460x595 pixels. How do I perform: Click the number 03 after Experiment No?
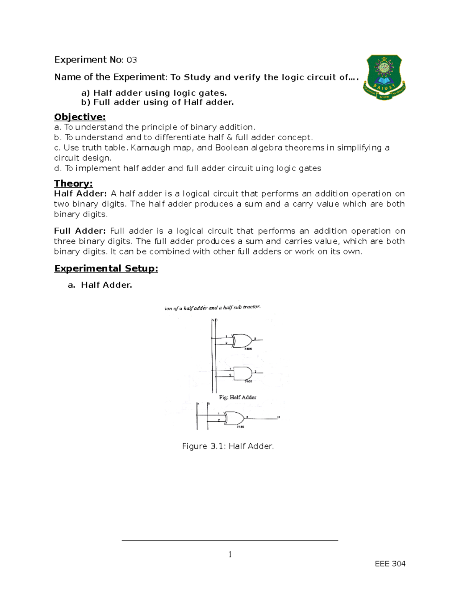click(131, 60)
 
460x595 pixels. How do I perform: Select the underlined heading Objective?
click(80, 117)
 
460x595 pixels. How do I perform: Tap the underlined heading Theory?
click(73, 183)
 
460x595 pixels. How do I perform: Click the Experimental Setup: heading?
click(106, 268)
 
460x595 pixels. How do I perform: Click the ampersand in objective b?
click(230, 138)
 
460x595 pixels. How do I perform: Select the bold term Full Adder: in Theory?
click(80, 231)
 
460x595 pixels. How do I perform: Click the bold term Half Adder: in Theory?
click(80, 194)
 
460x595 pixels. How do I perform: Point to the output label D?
click(279, 417)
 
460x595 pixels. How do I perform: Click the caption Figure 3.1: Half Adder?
click(228, 446)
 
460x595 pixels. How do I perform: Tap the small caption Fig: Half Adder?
click(237, 397)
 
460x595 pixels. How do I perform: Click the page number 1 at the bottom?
click(230, 554)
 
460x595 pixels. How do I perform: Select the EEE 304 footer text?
click(390, 564)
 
